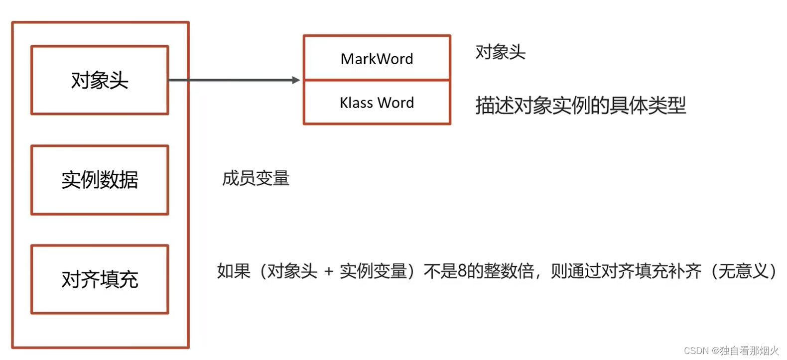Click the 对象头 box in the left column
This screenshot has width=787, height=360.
(x=100, y=80)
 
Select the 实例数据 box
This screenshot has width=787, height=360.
(x=100, y=180)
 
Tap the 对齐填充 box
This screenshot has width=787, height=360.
(x=100, y=279)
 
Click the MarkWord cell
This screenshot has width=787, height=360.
(x=377, y=58)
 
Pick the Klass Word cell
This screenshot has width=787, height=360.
(x=377, y=103)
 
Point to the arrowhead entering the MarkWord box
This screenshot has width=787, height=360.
(x=296, y=80)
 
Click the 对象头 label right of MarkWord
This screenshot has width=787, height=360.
(x=500, y=52)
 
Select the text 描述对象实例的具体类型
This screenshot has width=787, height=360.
(x=580, y=105)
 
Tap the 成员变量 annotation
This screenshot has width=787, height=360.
(x=256, y=178)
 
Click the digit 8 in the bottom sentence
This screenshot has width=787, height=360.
(x=462, y=271)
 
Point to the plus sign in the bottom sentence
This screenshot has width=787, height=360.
(x=329, y=271)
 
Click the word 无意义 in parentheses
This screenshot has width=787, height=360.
(x=744, y=271)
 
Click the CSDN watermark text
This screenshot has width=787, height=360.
(x=696, y=351)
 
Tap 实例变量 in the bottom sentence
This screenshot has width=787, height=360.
(x=373, y=271)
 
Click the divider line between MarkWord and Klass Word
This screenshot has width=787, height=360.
(x=377, y=80)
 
